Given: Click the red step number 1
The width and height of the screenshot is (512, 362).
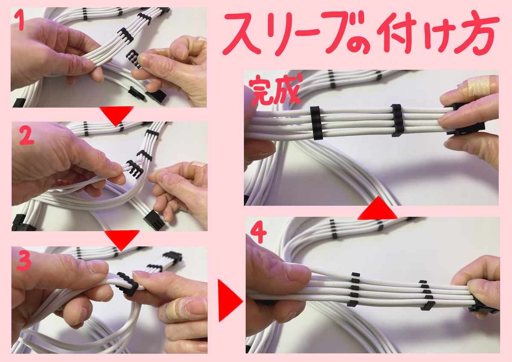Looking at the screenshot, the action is click(21, 20).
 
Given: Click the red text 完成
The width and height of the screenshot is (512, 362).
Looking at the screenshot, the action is click(275, 90).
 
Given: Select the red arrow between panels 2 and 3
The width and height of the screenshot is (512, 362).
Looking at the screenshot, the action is click(122, 239).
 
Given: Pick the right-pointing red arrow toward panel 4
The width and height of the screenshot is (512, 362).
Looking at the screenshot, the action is click(230, 301).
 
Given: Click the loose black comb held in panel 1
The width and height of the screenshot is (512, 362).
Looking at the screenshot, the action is click(134, 58).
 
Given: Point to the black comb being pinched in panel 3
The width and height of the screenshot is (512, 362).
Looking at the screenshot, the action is click(127, 284).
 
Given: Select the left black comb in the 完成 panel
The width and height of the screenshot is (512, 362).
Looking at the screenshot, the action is click(316, 123).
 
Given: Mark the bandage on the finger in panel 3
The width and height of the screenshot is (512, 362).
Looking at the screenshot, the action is click(175, 309).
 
